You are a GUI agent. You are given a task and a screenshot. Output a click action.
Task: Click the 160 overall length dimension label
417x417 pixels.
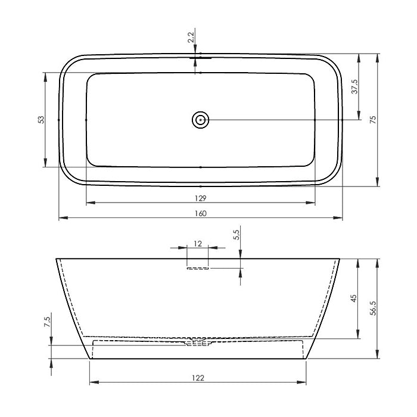(x=201, y=213)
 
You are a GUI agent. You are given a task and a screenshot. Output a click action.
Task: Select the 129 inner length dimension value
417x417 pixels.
(x=201, y=198)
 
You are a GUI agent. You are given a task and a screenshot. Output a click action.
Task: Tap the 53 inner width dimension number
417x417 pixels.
(x=41, y=120)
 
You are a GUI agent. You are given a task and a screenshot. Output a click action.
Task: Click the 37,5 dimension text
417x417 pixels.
(x=355, y=86)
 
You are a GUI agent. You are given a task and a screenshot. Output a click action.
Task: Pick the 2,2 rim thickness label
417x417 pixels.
(x=191, y=37)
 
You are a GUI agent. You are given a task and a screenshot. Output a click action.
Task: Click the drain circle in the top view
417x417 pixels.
(x=200, y=120)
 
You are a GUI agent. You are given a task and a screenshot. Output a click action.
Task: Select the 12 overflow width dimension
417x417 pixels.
(x=198, y=244)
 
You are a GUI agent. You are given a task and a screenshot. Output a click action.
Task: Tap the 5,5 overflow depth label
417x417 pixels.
(x=236, y=235)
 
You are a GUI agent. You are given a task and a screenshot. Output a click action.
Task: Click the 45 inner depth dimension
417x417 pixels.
(x=354, y=298)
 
